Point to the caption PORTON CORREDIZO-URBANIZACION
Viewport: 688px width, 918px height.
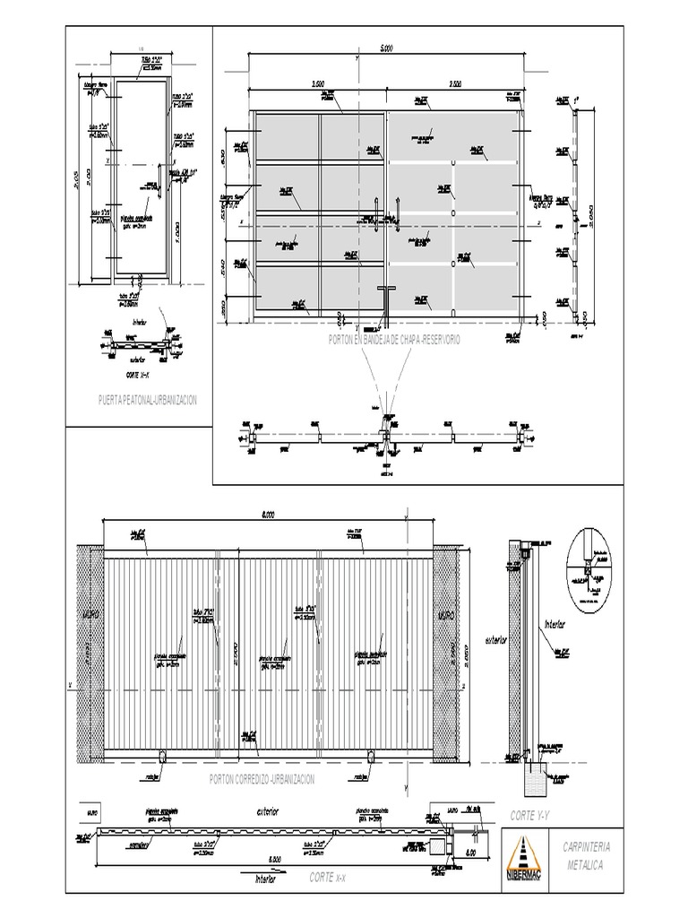tap(262, 780)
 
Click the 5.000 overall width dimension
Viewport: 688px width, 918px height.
tap(385, 48)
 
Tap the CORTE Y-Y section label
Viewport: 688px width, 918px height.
tap(529, 814)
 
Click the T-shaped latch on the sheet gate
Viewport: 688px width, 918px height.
tap(385, 291)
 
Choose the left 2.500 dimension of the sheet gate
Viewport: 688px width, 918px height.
tap(317, 83)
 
